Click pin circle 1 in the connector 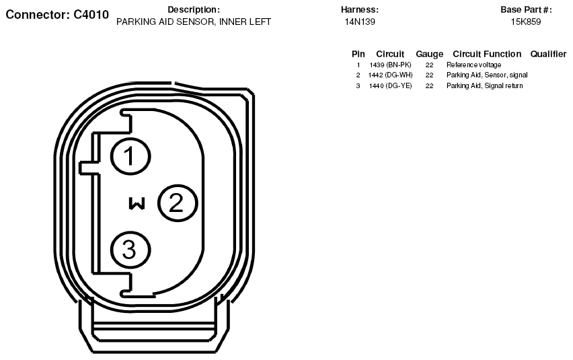pyautogui.click(x=130, y=156)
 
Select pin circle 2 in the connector pyautogui.click(x=178, y=203)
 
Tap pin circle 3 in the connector pyautogui.click(x=130, y=250)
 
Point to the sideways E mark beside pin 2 pyautogui.click(x=137, y=204)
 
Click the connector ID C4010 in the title pyautogui.click(x=91, y=15)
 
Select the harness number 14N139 pyautogui.click(x=360, y=22)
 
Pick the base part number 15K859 pyautogui.click(x=526, y=22)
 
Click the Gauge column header pyautogui.click(x=429, y=54)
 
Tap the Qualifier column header pyautogui.click(x=548, y=54)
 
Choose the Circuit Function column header pyautogui.click(x=487, y=54)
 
